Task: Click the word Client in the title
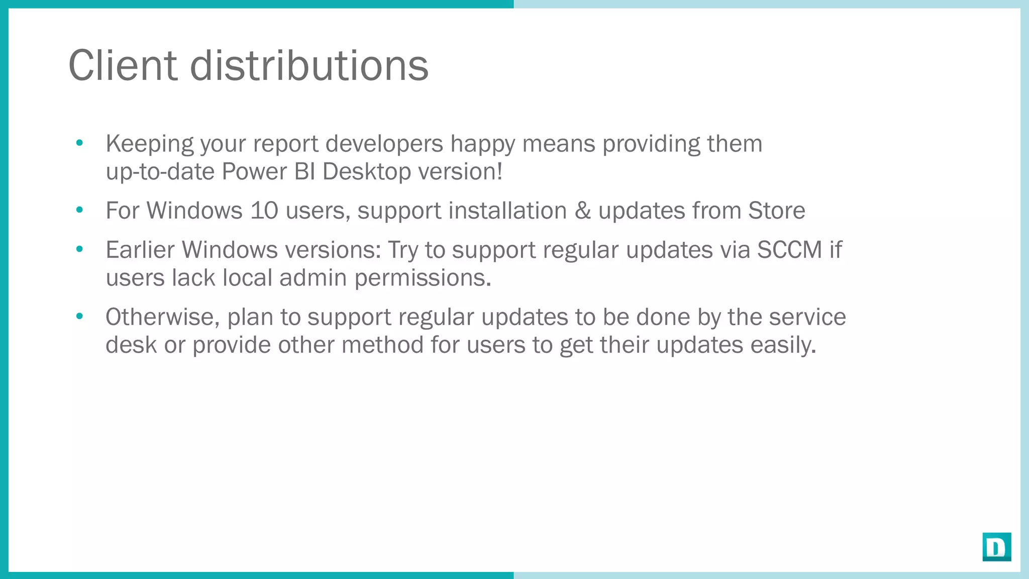pyautogui.click(x=123, y=65)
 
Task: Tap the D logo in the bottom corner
pyautogui.click(x=996, y=546)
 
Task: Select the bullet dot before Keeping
pyautogui.click(x=79, y=143)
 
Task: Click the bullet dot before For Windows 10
pyautogui.click(x=79, y=210)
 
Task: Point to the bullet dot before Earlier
pyautogui.click(x=79, y=249)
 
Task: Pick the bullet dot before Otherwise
pyautogui.click(x=79, y=317)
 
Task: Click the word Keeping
pyautogui.click(x=149, y=144)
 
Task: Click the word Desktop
pyautogui.click(x=367, y=172)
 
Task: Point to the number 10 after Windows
pyautogui.click(x=264, y=211)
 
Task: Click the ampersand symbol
pyautogui.click(x=582, y=211)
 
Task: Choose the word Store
pyautogui.click(x=776, y=211)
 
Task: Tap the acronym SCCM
pyautogui.click(x=789, y=250)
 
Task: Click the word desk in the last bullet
pyautogui.click(x=131, y=345)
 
